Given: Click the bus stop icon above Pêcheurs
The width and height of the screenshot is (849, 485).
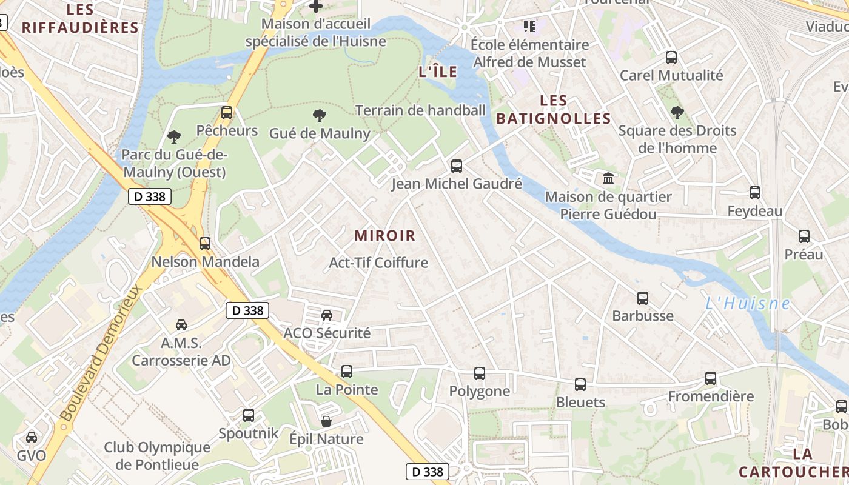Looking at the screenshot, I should tap(227, 112).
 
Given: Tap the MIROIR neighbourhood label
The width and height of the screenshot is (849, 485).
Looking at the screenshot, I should tap(385, 236).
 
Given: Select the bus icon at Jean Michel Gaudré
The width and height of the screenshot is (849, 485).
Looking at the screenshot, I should tap(457, 166).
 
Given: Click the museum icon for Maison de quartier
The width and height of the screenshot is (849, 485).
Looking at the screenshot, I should tap(608, 178).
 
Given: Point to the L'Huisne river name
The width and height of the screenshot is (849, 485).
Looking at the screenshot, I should tap(747, 303).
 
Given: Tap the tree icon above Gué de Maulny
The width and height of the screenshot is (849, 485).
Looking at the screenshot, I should tap(319, 115).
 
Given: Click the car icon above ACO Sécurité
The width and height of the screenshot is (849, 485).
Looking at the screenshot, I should tap(327, 315).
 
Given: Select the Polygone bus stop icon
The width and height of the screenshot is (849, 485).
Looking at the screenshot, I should tap(480, 373).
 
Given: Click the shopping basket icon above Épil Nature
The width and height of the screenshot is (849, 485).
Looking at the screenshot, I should tap(326, 421).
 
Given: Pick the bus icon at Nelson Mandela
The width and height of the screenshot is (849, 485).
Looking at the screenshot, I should tap(205, 244).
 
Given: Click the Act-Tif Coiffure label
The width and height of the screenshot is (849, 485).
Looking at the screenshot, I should tap(378, 263).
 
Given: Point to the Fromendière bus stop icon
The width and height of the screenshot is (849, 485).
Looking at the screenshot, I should tap(711, 378).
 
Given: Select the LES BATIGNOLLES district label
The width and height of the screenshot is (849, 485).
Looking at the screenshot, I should tap(553, 110).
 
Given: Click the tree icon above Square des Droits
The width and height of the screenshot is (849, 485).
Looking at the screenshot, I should tap(677, 112).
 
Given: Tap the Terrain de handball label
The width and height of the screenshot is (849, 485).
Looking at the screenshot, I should tap(420, 110).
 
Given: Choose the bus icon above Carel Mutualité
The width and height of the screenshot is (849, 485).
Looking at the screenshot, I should tap(671, 58).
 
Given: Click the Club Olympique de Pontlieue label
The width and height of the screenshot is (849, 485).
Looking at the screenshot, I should tap(157, 456).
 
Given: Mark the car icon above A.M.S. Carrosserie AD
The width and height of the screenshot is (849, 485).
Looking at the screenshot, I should tap(181, 325).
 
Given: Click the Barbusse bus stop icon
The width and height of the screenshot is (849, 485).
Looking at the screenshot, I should tap(643, 298).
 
